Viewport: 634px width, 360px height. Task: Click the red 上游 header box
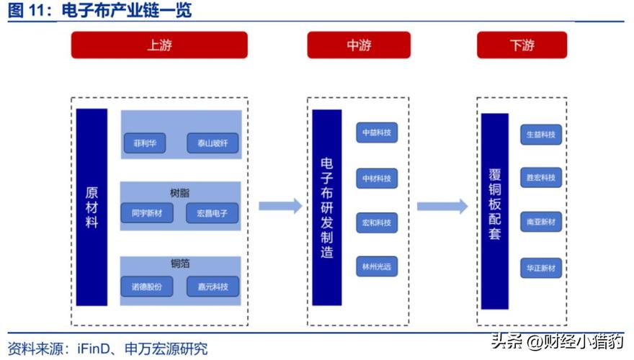click(159, 45)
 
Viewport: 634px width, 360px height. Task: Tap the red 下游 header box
click(522, 45)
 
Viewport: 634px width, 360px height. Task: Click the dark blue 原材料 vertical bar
click(91, 209)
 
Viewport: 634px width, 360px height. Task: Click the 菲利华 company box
click(144, 143)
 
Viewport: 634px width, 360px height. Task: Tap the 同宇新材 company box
click(147, 213)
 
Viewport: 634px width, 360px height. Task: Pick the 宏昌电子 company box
click(212, 213)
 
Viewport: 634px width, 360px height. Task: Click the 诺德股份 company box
click(147, 286)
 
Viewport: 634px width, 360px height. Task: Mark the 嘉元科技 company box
click(212, 286)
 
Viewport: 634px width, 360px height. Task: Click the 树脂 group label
click(180, 193)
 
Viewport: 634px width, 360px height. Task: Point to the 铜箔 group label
click(180, 264)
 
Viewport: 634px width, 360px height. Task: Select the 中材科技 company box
click(377, 178)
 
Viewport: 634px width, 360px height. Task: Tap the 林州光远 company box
click(377, 266)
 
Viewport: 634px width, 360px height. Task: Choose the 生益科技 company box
click(541, 134)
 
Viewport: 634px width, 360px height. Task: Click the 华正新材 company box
click(541, 268)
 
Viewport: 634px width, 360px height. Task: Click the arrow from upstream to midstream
click(280, 207)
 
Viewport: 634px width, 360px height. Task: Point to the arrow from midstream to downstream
click(442, 207)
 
